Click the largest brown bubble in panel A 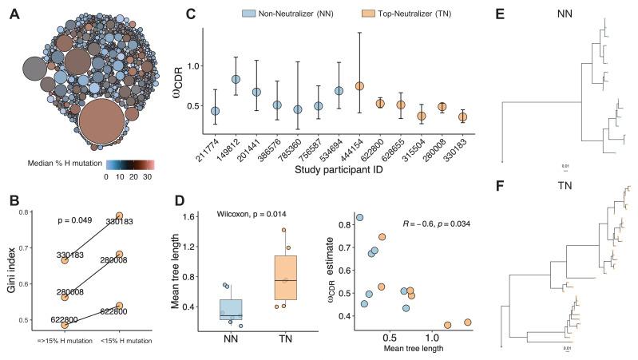[x=101, y=121]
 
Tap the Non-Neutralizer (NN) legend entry [x=292, y=14]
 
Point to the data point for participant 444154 [x=359, y=85]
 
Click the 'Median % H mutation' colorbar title [x=75, y=162]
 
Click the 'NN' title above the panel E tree [x=568, y=14]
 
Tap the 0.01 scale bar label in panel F [x=567, y=349]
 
